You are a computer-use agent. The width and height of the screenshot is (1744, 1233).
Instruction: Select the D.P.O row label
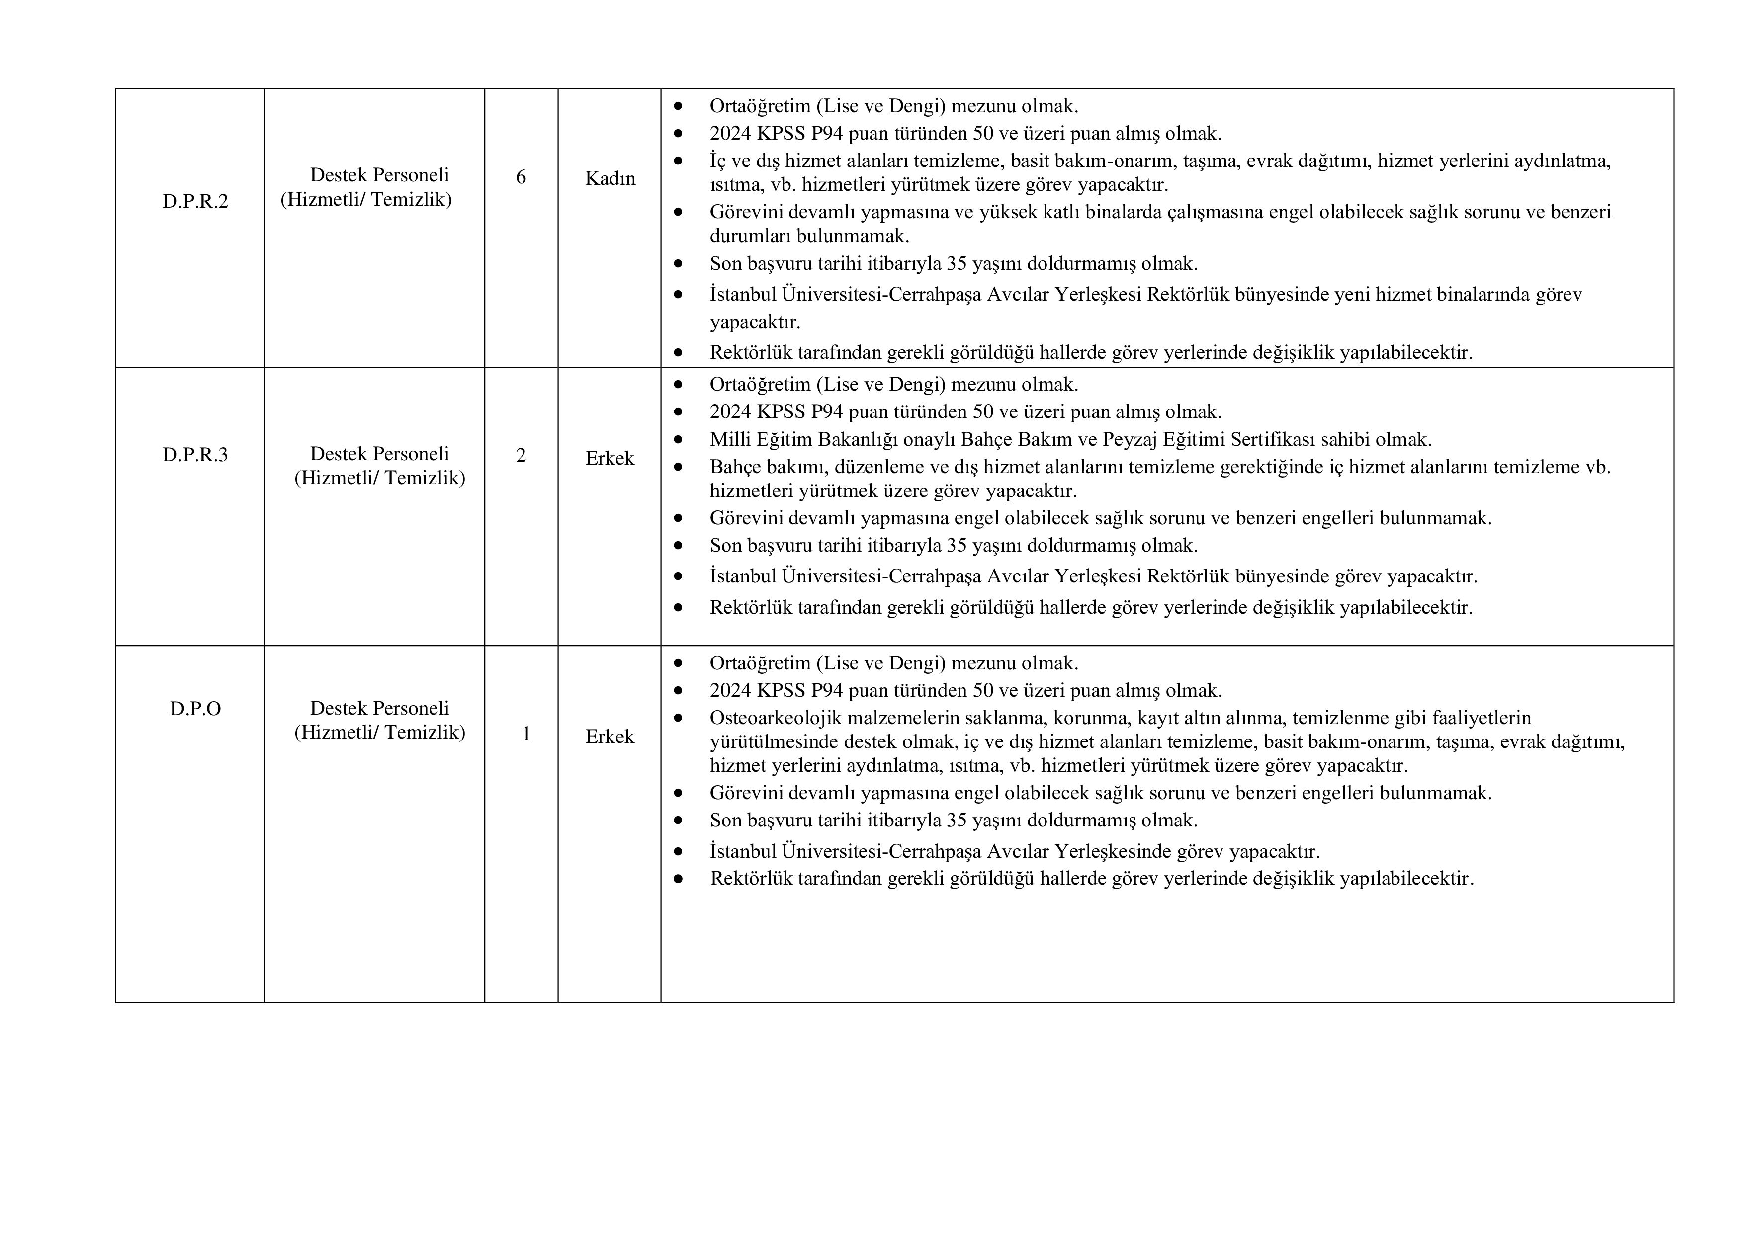(195, 708)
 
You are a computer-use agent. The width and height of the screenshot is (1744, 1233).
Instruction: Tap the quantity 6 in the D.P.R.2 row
(521, 177)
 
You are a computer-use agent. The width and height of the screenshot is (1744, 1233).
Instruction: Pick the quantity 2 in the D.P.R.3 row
(521, 455)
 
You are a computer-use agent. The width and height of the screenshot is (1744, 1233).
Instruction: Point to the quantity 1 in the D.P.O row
(525, 734)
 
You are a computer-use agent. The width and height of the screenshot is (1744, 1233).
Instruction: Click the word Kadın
(610, 178)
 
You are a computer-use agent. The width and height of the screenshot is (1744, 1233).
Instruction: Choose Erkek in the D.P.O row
(609, 737)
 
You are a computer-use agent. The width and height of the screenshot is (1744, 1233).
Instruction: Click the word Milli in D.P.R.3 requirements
(728, 440)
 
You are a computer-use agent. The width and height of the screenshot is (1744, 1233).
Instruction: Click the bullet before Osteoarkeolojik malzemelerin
(678, 718)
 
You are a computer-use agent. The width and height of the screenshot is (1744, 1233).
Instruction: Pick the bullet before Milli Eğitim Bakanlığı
(678, 440)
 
